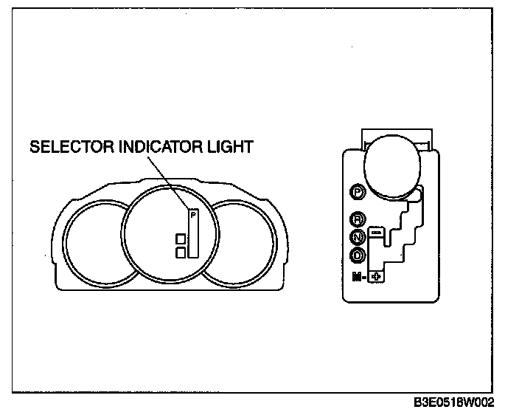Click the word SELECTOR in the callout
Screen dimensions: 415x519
(71, 147)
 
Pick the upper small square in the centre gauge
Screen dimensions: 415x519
(180, 239)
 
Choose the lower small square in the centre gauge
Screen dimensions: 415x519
(180, 252)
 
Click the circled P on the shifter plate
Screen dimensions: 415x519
(358, 191)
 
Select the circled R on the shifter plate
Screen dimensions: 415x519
(358, 219)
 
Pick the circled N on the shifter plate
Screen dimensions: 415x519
(358, 237)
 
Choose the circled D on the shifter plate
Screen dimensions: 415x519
(358, 255)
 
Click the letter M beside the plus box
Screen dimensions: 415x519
(357, 277)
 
